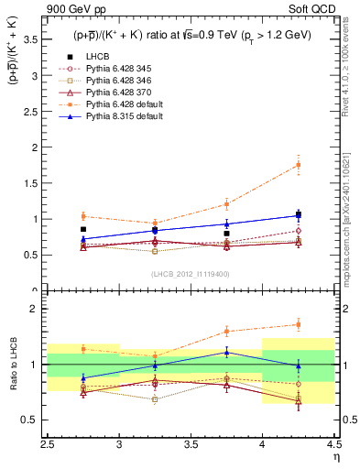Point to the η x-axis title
pyautogui.click(x=335, y=456)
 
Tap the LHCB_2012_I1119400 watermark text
pyautogui.click(x=190, y=274)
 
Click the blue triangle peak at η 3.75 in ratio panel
pyautogui.click(x=226, y=352)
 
